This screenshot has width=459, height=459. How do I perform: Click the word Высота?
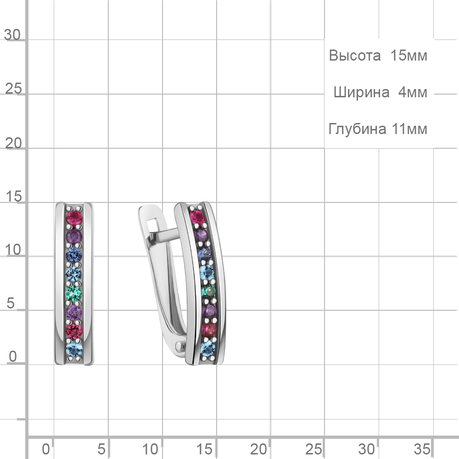pos(355,56)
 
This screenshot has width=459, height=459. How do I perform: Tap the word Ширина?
pos(362,93)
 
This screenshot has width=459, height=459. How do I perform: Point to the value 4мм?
pos(413,93)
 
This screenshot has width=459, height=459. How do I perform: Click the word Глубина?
pos(358,129)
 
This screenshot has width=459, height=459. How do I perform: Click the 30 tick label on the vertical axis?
pos(12,35)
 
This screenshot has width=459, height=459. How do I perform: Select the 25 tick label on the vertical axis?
pos(13,89)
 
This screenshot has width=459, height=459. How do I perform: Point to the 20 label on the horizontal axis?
pos(258,449)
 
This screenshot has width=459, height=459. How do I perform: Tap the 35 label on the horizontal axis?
pos(422,449)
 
